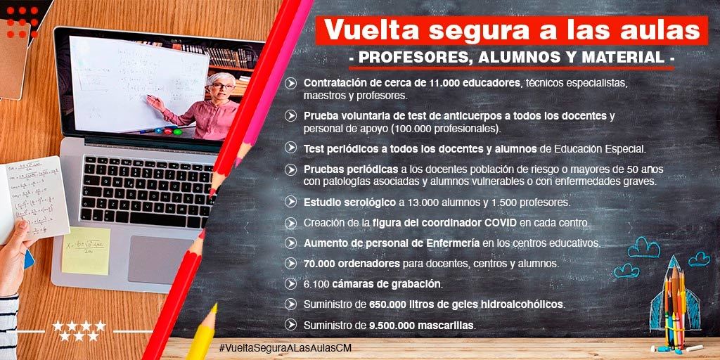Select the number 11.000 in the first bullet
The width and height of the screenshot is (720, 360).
pyautogui.click(x=445, y=84)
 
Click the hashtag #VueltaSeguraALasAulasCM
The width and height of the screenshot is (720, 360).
pyautogui.click(x=285, y=347)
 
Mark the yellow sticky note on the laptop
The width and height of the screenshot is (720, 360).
pyautogui.click(x=86, y=251)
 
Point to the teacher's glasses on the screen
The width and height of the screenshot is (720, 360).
pyautogui.click(x=222, y=86)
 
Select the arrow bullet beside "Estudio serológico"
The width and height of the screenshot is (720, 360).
pyautogui.click(x=290, y=202)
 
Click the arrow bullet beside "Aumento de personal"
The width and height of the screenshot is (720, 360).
pyautogui.click(x=290, y=243)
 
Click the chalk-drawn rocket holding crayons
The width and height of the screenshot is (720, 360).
pyautogui.click(x=674, y=298)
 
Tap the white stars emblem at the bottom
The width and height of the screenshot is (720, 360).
pyautogui.click(x=79, y=330)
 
